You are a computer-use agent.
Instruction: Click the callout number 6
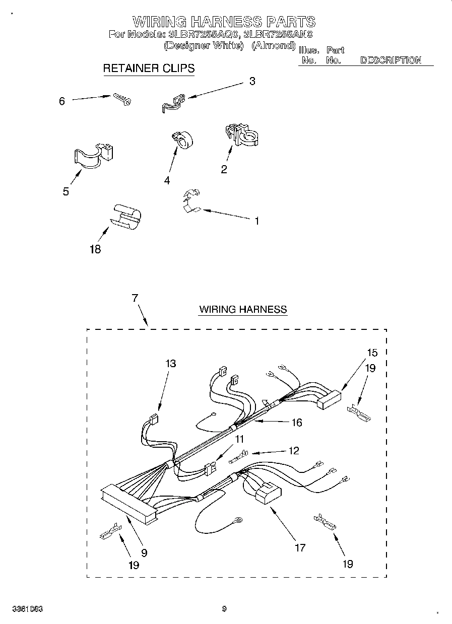tap(62, 101)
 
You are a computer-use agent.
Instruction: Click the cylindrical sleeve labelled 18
tap(125, 217)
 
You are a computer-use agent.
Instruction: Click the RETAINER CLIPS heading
tap(149, 68)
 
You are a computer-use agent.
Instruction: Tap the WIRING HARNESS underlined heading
tap(243, 309)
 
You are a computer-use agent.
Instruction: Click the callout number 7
tap(135, 298)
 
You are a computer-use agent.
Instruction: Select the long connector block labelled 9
tap(128, 501)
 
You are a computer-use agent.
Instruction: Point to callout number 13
tap(171, 363)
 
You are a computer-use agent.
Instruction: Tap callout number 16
tap(297, 423)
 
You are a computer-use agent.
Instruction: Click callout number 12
tap(293, 451)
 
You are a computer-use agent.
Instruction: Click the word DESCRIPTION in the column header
tap(391, 60)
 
